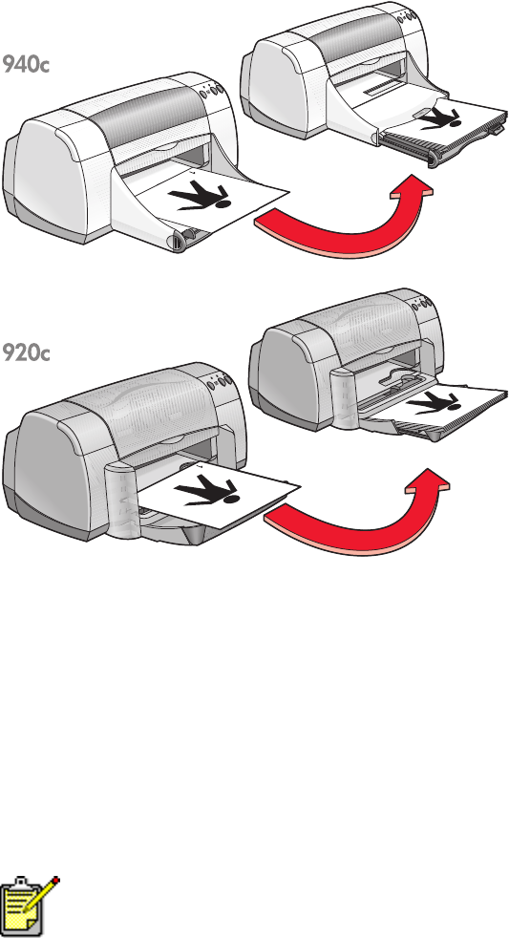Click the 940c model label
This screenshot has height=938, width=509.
click(x=25, y=64)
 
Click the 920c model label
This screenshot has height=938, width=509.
click(x=26, y=353)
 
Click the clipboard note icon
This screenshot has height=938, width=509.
click(x=31, y=906)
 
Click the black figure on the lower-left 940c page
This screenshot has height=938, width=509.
click(x=200, y=198)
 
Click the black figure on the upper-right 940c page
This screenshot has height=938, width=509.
click(x=439, y=118)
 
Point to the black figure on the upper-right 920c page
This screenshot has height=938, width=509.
click(x=433, y=402)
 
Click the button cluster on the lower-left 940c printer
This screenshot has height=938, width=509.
click(x=212, y=91)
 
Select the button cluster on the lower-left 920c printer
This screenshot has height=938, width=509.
click(x=220, y=382)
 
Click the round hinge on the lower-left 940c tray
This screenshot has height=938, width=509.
click(x=178, y=242)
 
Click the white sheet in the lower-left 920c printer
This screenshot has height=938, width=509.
click(x=220, y=494)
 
